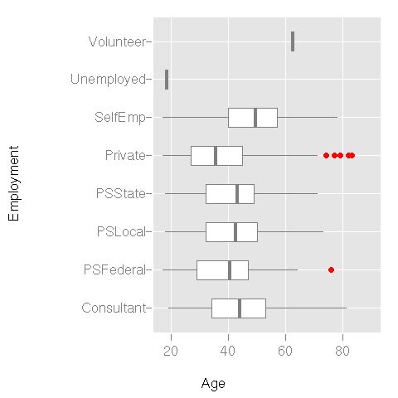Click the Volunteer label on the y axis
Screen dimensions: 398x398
117,41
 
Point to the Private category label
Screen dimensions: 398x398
125,156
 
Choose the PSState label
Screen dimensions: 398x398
121,194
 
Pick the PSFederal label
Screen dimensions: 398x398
115,270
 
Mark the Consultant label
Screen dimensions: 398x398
115,308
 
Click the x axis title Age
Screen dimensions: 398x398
213,384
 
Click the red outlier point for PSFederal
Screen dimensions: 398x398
332,269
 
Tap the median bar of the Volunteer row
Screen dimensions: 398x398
293,41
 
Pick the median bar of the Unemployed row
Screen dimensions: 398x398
167,80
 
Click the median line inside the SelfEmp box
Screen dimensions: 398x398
255,118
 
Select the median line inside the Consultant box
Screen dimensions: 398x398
240,308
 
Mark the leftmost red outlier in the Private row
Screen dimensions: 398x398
326,155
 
